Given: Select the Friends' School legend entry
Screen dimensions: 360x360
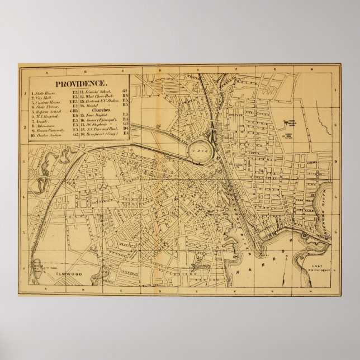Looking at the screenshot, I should pyautogui.click(x=95, y=91).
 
